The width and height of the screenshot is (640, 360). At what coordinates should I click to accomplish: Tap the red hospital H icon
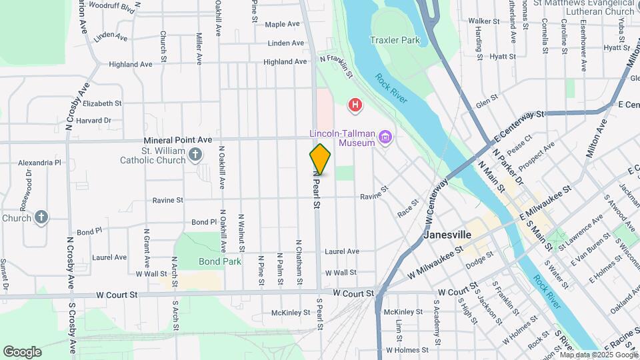click(x=356, y=105)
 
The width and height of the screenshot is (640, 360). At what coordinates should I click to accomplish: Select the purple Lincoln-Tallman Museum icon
click(x=385, y=138)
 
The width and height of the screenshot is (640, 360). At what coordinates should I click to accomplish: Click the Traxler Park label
click(x=395, y=40)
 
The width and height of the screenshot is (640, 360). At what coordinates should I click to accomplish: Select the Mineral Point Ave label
click(x=179, y=140)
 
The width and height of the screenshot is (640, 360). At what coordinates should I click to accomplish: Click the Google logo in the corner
click(x=21, y=352)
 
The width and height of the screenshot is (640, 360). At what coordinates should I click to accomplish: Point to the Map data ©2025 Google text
click(x=598, y=355)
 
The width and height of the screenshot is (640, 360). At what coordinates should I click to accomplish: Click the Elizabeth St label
click(x=102, y=103)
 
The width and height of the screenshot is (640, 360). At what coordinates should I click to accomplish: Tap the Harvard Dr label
click(x=93, y=121)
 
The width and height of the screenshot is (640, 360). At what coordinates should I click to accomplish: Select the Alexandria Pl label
click(x=39, y=162)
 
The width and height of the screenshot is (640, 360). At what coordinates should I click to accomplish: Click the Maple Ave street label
click(x=282, y=25)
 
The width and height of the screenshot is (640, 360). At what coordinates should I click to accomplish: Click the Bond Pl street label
click(x=89, y=232)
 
